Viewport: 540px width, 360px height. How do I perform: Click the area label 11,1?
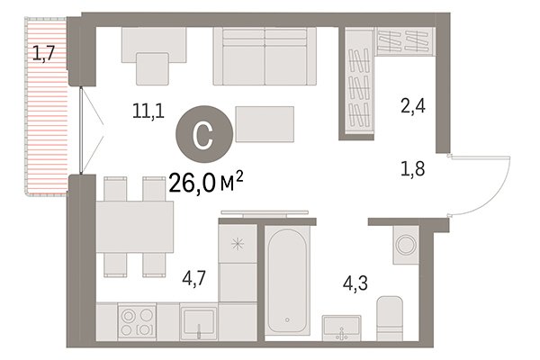coord(148,112)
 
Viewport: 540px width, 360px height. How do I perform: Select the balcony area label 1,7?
coord(44,53)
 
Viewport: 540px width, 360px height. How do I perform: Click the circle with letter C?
coord(204,135)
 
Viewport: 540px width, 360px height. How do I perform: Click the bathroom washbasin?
coord(343,328)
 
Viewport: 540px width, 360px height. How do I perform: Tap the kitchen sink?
coord(198,322)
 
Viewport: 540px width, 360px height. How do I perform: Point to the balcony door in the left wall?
coord(83,131)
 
